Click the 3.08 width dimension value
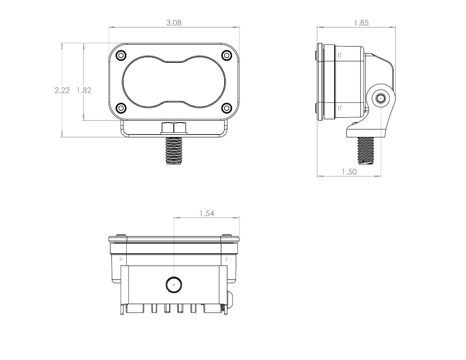coord(174,23)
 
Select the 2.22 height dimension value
coord(62,90)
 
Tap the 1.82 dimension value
coord(84,90)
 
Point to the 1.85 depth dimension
coord(361,23)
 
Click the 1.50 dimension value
coord(349,172)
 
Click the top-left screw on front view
coord(121,55)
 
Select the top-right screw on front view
coord(226,55)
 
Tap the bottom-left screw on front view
coord(121,108)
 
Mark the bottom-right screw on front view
coord(226,108)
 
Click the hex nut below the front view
coord(174,128)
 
